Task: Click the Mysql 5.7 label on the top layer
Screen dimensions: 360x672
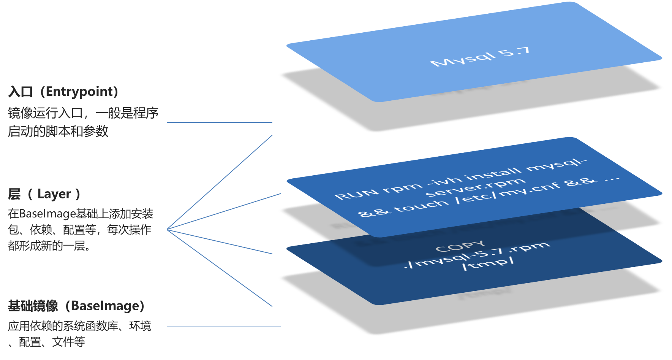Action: (x=480, y=57)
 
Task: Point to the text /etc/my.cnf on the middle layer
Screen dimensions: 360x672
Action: (x=508, y=192)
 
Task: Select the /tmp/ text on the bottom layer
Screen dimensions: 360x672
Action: (x=488, y=263)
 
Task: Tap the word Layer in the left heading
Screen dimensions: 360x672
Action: (x=54, y=194)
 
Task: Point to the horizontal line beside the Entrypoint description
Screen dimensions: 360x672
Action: (x=219, y=122)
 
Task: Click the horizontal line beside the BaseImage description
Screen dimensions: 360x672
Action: (x=223, y=327)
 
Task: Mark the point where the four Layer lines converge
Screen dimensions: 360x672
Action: (x=167, y=230)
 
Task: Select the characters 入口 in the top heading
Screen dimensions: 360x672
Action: (x=21, y=92)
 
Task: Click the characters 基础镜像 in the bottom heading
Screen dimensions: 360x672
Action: (x=33, y=306)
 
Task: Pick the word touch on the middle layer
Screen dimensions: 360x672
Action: (x=421, y=206)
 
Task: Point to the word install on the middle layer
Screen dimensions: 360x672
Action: (x=493, y=173)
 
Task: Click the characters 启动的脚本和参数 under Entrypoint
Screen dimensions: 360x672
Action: (x=58, y=132)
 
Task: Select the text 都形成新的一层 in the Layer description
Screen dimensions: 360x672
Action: (x=47, y=246)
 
